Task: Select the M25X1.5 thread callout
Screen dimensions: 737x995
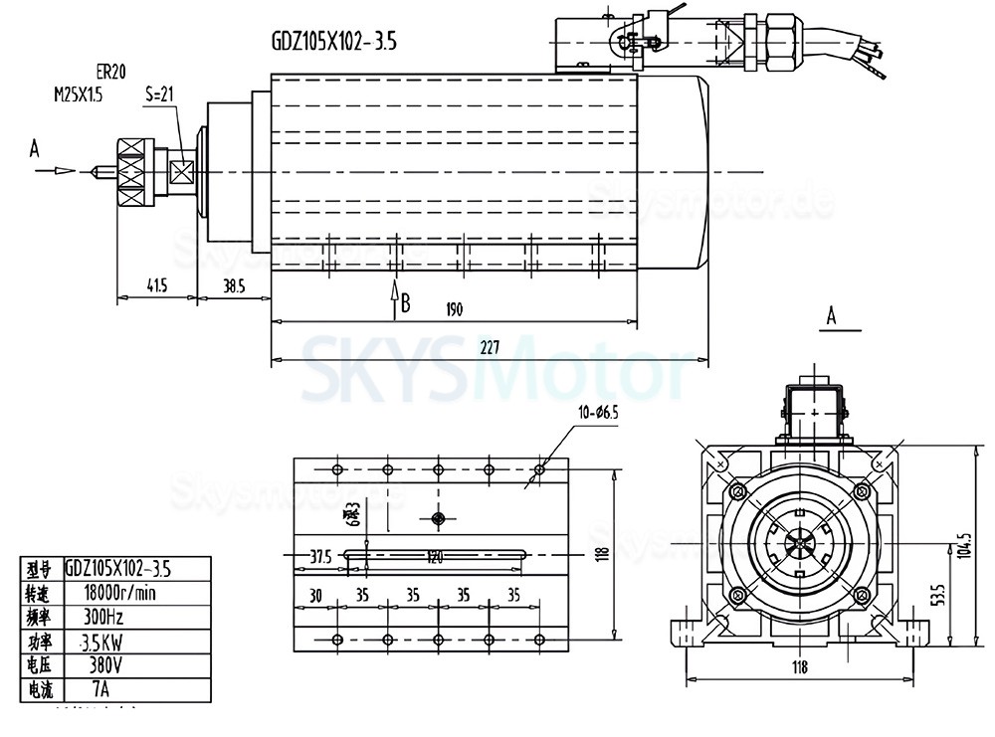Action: click(x=78, y=94)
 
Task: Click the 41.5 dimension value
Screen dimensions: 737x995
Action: click(x=155, y=285)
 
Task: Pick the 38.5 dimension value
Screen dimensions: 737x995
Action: click(x=233, y=285)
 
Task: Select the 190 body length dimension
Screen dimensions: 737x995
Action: click(x=455, y=309)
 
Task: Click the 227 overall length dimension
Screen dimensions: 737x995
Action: click(x=490, y=347)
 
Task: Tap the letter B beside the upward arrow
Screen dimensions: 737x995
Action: click(x=405, y=302)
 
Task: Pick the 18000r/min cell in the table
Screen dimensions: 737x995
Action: click(x=122, y=594)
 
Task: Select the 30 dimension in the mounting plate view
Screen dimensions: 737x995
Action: click(x=314, y=596)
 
